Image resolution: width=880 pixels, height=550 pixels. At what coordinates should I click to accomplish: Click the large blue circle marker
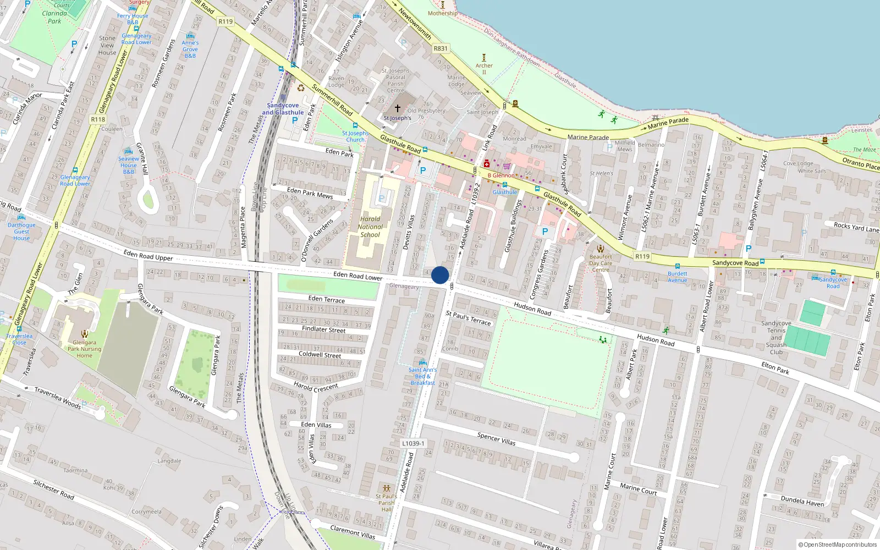[440, 275]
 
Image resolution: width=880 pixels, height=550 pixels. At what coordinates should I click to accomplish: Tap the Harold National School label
[370, 227]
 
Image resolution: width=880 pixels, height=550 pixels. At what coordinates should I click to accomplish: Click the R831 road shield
[441, 48]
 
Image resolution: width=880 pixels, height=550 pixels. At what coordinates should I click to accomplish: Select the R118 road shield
[98, 119]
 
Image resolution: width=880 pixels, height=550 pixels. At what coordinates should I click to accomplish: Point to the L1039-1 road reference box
[413, 443]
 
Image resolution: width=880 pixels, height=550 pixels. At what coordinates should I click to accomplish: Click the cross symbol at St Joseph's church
[398, 108]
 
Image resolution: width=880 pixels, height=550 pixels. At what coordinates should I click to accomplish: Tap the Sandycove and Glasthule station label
[283, 109]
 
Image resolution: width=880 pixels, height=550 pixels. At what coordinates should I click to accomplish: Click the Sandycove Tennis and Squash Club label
[776, 338]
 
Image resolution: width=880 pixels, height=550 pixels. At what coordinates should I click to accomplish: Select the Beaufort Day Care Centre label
[601, 263]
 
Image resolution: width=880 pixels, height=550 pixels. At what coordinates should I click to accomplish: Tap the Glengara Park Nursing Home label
[84, 349]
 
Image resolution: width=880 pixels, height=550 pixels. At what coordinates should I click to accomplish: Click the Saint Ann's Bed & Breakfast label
[422, 376]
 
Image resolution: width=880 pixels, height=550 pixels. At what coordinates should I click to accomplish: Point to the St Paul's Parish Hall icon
[387, 488]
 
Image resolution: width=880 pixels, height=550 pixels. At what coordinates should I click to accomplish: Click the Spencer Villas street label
[496, 438]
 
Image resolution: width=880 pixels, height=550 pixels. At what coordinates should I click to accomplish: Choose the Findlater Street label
[323, 329]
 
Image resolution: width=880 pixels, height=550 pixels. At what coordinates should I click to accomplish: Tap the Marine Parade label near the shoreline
[588, 137]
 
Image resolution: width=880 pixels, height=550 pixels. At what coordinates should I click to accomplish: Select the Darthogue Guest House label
[21, 232]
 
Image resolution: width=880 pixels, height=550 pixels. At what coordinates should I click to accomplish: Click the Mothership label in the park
[442, 13]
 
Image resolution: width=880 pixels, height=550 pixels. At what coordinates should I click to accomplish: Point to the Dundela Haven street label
[802, 501]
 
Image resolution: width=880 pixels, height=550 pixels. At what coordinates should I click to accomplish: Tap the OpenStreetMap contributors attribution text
[838, 544]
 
